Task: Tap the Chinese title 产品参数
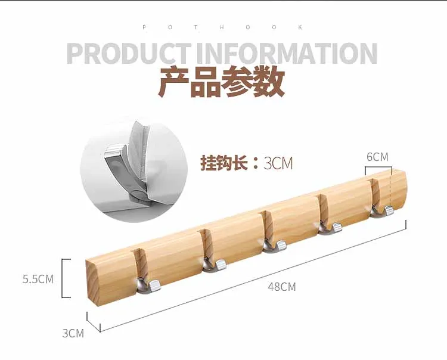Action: [221, 84]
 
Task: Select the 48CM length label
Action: [282, 287]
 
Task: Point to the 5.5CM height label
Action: [38, 278]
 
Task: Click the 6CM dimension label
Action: [377, 157]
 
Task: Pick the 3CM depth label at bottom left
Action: [73, 333]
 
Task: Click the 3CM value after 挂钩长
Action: [278, 163]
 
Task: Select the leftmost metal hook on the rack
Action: [148, 285]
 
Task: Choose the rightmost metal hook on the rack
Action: [381, 210]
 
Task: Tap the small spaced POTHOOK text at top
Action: [223, 27]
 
